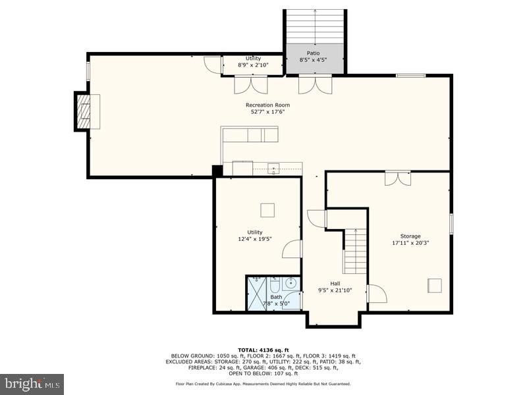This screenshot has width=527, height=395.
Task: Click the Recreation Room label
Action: click(267, 105)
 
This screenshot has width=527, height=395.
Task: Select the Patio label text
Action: click(314, 53)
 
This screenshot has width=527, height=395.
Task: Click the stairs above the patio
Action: click(315, 26)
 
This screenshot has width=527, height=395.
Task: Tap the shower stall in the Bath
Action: click(256, 294)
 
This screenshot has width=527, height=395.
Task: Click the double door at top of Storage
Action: click(398, 178)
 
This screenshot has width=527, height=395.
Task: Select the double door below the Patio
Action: click(315, 84)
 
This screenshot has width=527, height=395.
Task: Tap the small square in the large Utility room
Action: click(267, 210)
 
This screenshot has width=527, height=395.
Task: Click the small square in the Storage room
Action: click(435, 285)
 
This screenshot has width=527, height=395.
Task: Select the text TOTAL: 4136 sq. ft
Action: click(263, 350)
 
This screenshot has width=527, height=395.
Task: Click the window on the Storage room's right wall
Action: click(451, 223)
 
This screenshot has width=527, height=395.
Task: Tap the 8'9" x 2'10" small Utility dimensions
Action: click(253, 65)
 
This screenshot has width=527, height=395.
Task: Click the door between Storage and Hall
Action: click(376, 294)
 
